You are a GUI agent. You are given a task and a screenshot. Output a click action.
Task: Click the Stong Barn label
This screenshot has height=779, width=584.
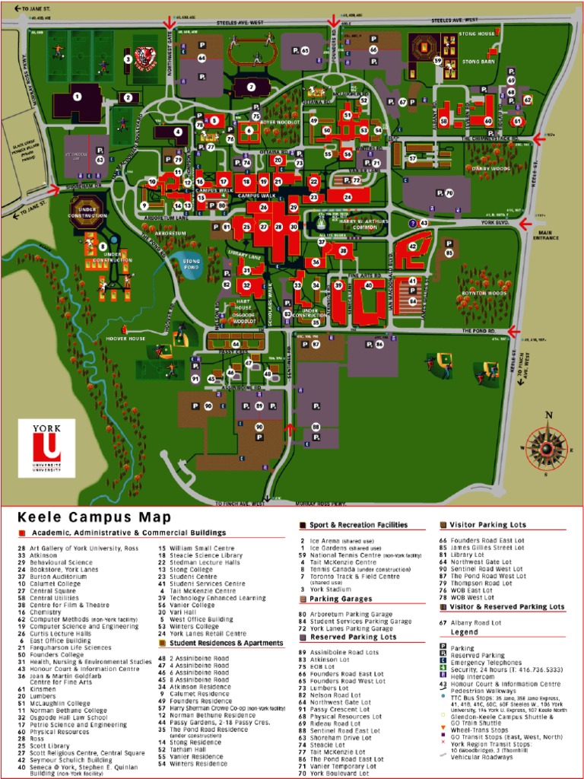point(478,62)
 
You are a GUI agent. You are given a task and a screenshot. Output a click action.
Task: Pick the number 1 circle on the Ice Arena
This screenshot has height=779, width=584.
point(77,97)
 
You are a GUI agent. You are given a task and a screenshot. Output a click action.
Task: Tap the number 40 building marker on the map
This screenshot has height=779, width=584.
point(369,285)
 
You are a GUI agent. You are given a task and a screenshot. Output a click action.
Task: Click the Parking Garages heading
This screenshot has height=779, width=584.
point(335,599)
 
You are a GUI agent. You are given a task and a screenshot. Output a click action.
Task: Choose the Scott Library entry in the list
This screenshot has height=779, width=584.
point(51,746)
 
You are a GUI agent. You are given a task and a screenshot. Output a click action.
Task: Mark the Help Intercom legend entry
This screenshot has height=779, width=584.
point(478,676)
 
